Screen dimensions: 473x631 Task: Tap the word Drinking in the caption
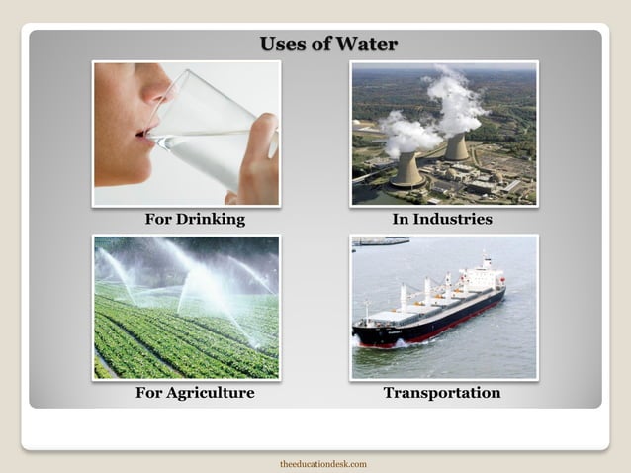[211, 219]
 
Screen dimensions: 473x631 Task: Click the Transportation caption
[442, 393]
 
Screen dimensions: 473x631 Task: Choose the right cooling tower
[456, 147]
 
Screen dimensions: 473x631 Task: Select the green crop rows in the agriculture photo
[178, 341]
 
